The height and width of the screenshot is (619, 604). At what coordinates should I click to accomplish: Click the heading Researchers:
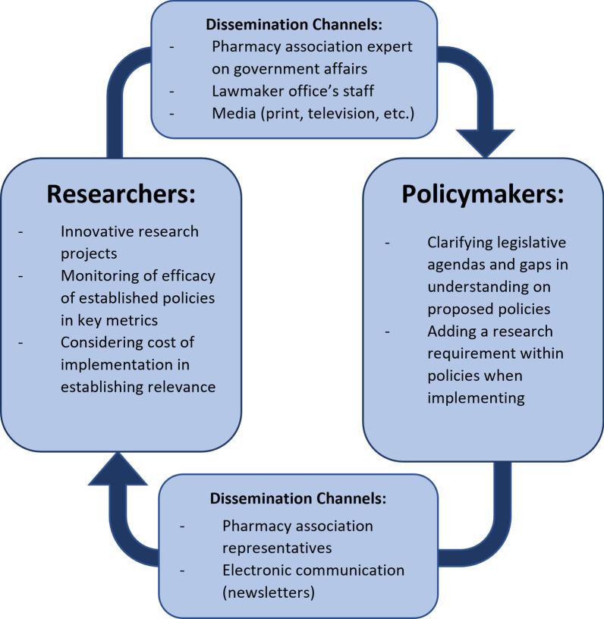[x=121, y=193]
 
